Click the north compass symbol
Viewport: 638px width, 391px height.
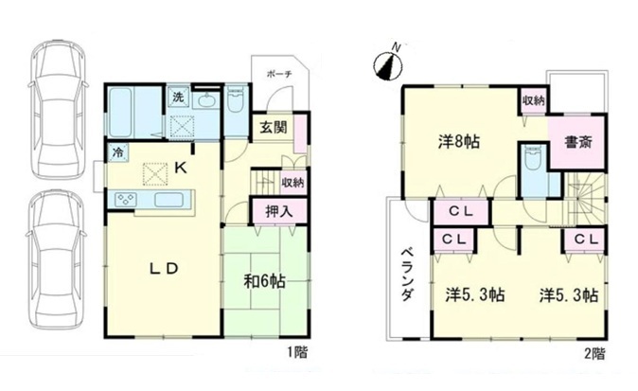point(389,63)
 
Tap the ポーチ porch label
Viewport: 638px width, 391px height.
point(279,75)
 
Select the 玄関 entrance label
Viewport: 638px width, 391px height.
point(274,128)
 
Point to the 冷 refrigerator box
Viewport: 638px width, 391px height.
point(117,152)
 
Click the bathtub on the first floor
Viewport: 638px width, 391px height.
point(121,113)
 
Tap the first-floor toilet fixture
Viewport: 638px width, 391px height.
point(235,99)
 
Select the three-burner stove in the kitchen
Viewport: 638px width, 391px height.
point(126,199)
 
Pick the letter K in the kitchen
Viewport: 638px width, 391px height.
point(181,168)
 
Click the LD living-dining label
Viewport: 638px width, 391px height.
point(164,268)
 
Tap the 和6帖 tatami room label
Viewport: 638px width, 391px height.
point(264,281)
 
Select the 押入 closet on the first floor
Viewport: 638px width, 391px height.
point(278,211)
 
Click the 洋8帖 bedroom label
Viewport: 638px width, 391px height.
point(459,142)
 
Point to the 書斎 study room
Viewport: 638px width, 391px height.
point(577,142)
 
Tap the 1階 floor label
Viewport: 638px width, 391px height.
point(298,351)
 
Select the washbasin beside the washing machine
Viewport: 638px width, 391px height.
point(207,98)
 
